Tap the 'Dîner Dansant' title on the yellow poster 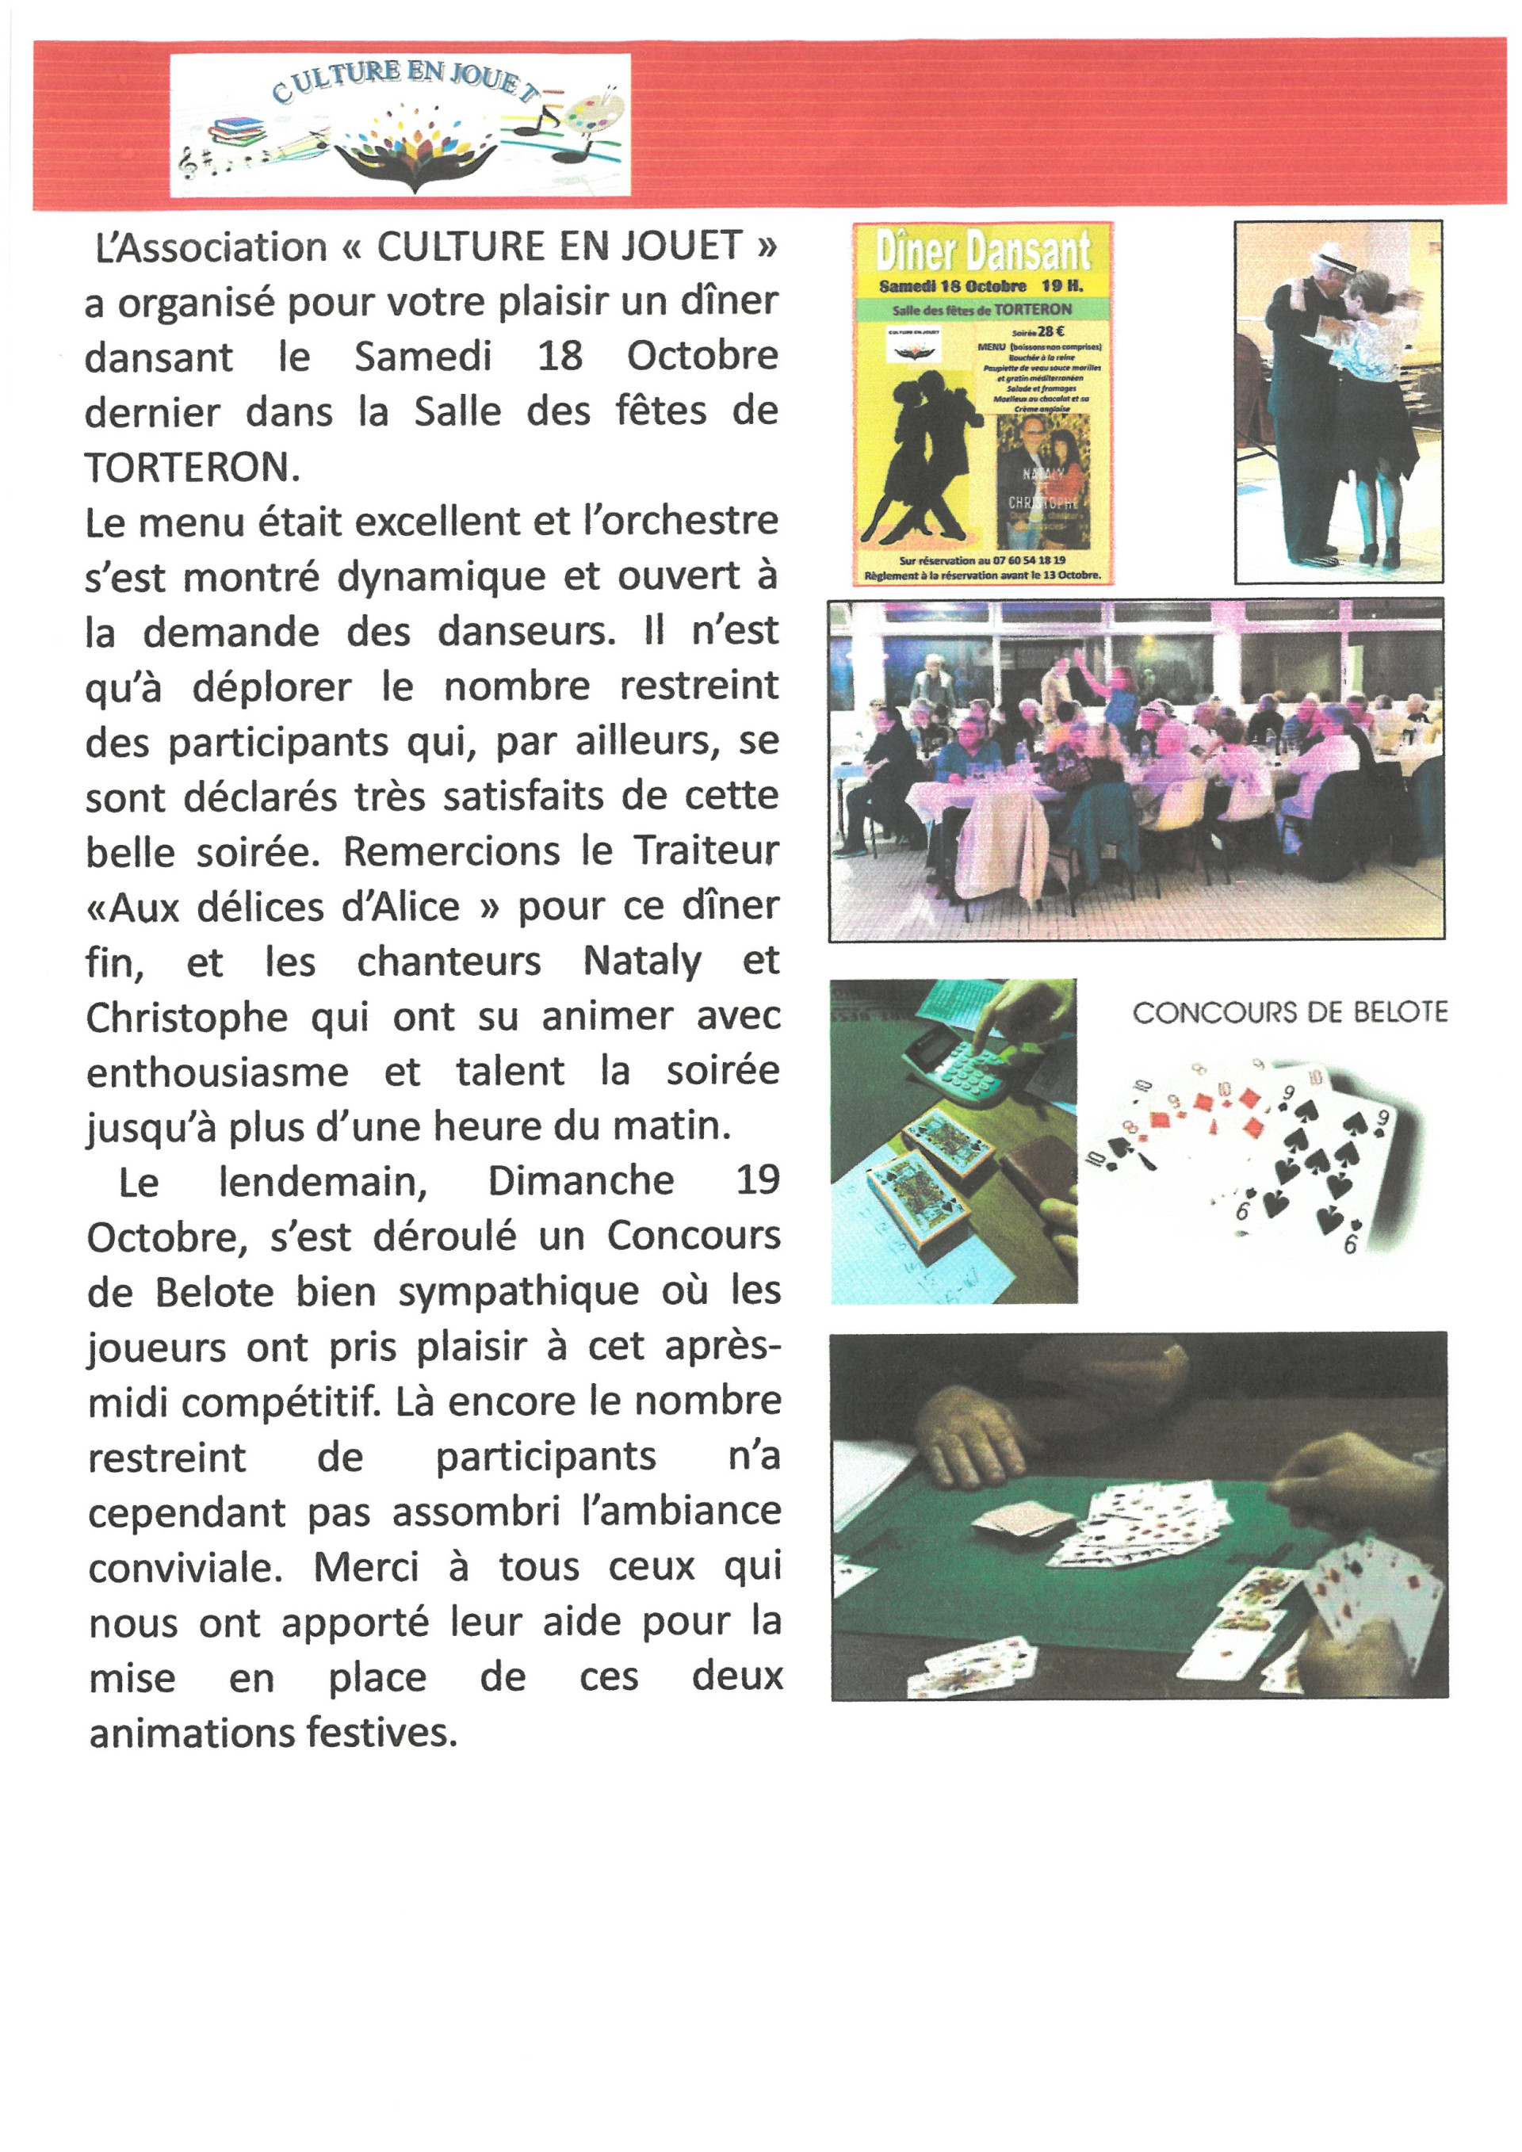[x=982, y=251]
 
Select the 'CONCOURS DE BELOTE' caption [x=1290, y=1012]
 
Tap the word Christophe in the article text [x=186, y=1018]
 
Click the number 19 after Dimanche [x=757, y=1180]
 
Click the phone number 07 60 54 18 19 [x=1019, y=560]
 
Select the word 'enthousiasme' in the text [x=217, y=1072]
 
